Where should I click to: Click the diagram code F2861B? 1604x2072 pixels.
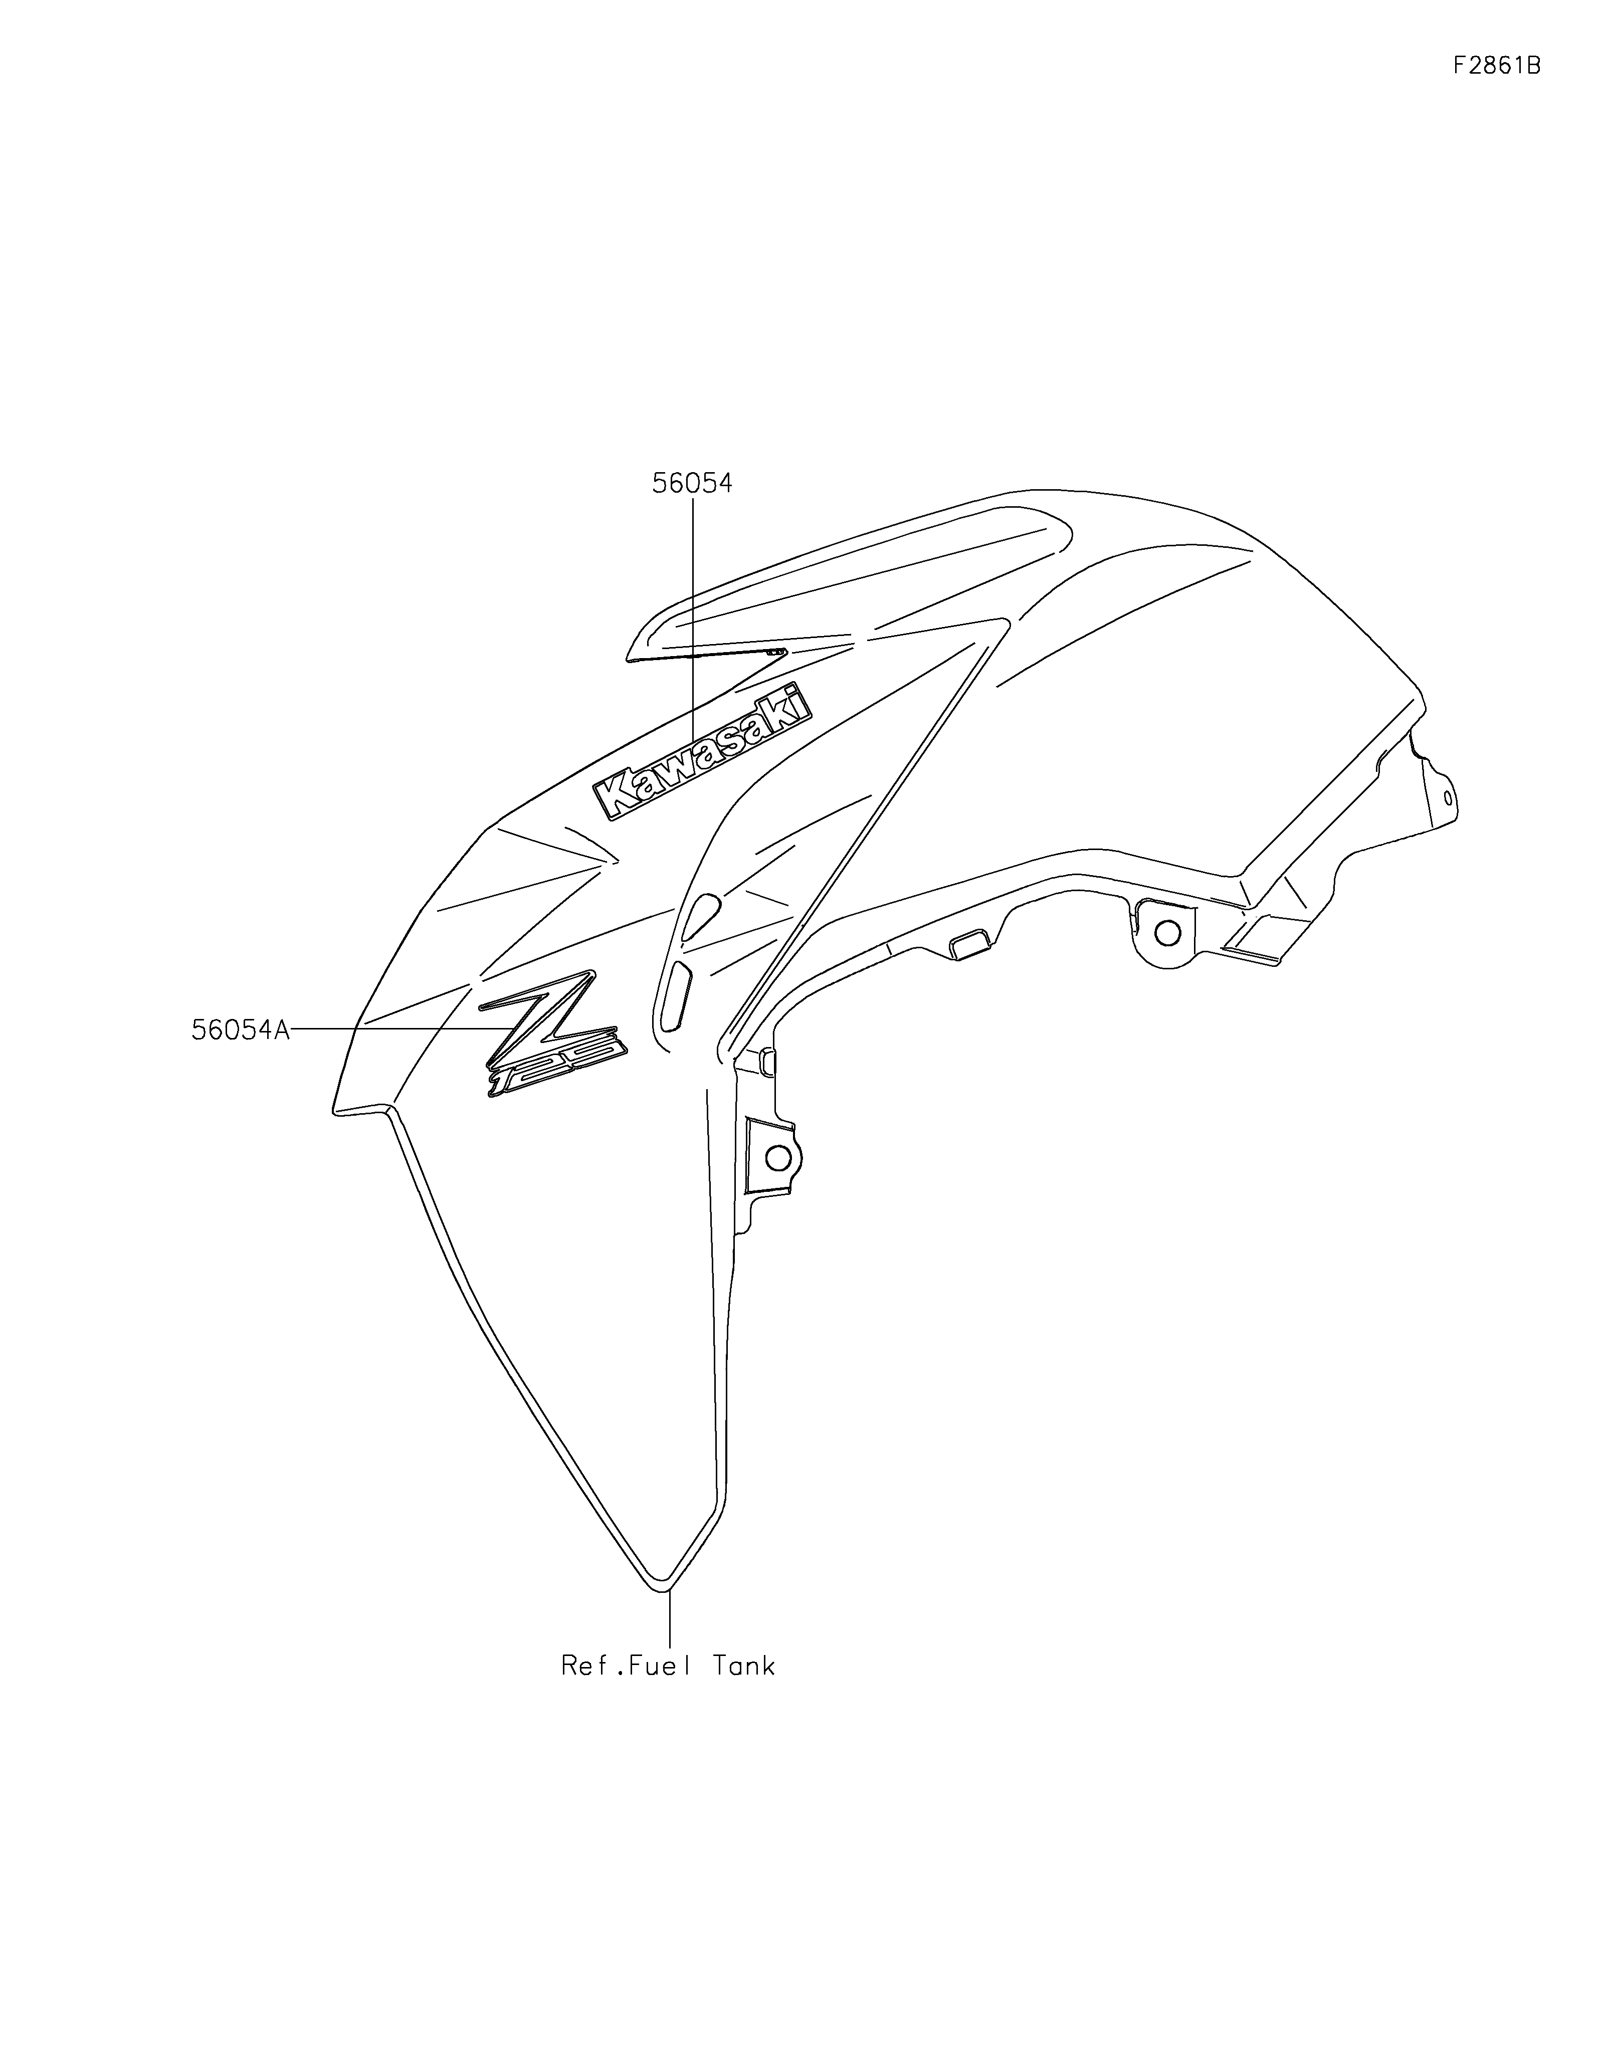pyautogui.click(x=1496, y=66)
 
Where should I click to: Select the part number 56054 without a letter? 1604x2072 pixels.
pyautogui.click(x=692, y=484)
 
